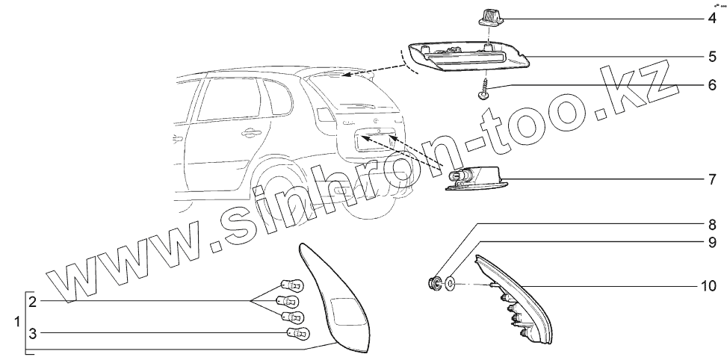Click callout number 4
[711, 16]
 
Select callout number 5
[711, 56]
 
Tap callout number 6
[711, 85]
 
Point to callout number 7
[711, 179]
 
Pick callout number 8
[711, 224]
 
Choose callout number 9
[711, 242]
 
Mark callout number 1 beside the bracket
[16, 322]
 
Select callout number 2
[33, 302]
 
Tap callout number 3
[33, 332]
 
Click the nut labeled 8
[432, 283]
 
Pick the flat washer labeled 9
[450, 284]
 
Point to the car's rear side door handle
[251, 134]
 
